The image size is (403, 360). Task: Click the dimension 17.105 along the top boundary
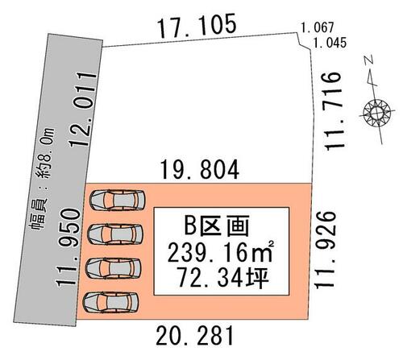point(197,26)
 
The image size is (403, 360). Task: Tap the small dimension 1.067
point(318,27)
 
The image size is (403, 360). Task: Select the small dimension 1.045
point(330,43)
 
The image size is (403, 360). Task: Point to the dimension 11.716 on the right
point(334,111)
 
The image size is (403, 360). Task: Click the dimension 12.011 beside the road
point(83,110)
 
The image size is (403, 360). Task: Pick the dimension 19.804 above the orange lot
point(200,170)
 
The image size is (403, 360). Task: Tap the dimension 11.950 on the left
point(69,247)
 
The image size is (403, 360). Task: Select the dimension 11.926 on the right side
point(326,250)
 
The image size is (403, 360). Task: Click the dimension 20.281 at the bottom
point(195,336)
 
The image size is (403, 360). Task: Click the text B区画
point(217,226)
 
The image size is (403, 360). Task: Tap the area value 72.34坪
point(223,278)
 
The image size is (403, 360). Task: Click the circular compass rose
point(377,112)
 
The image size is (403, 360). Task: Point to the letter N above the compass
point(368,60)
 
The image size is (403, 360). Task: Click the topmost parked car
point(118,200)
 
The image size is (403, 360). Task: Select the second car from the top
point(115,234)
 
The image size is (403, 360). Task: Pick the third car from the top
point(114,267)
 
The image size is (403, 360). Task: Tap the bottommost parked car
point(110,302)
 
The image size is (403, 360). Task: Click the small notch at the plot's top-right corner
point(305,42)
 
